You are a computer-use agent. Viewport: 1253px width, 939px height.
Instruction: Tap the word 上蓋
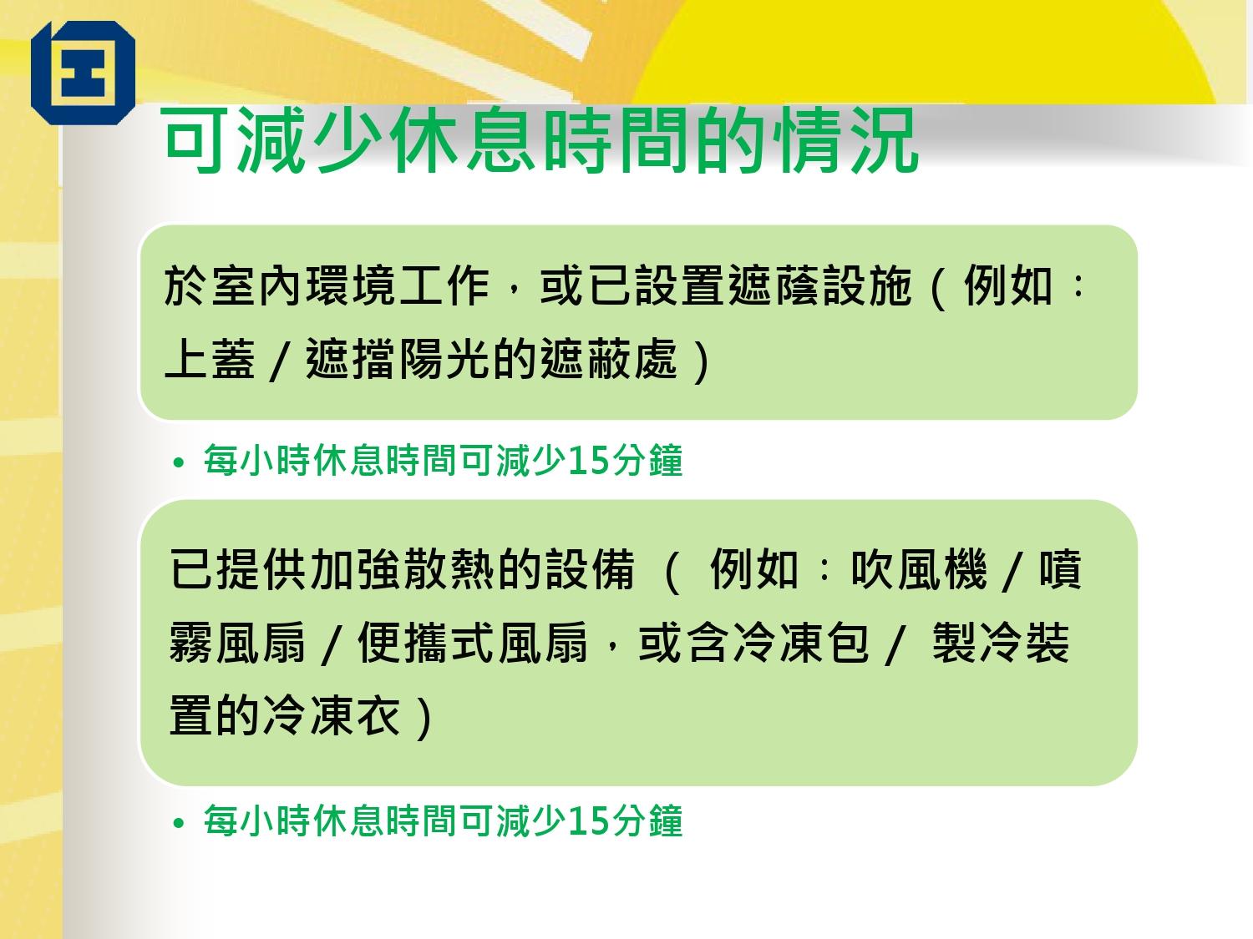point(209,360)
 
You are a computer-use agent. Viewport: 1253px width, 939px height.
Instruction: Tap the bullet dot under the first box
point(177,463)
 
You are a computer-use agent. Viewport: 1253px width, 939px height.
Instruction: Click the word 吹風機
point(920,570)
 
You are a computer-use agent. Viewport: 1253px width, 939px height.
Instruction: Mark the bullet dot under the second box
point(177,824)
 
